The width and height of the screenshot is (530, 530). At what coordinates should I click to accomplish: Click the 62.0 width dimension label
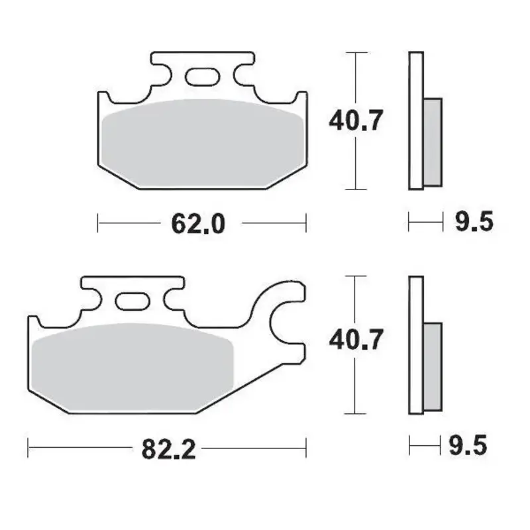point(199,224)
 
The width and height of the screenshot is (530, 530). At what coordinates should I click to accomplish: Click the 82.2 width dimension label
point(168,450)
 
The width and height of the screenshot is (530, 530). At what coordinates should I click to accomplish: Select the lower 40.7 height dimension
point(356,341)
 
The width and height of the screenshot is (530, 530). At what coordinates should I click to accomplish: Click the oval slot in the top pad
point(201,78)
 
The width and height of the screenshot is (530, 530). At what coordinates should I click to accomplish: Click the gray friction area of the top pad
point(202,139)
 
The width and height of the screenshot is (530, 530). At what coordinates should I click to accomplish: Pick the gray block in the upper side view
point(432,141)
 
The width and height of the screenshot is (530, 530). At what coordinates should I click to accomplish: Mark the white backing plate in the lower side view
point(415,344)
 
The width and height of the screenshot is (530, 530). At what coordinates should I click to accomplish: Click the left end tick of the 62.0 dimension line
point(98,223)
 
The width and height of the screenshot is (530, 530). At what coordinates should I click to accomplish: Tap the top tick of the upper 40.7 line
point(356,52)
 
